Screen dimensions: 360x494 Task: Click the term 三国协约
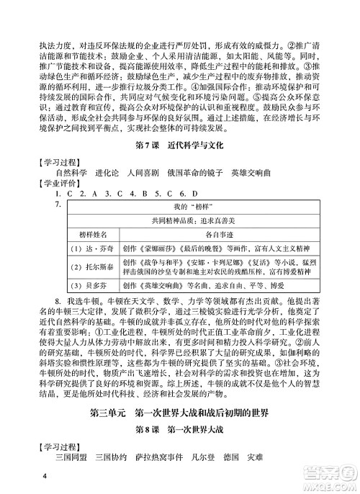point(120,459)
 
